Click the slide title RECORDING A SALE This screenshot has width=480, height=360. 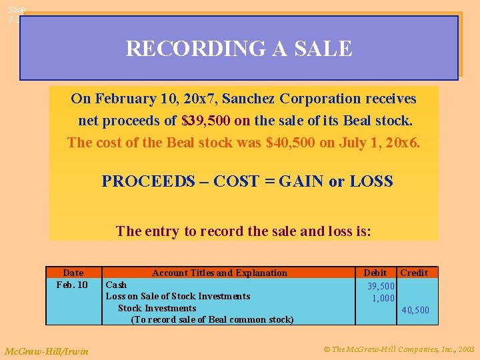tap(239, 49)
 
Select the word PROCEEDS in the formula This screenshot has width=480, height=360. tap(139, 181)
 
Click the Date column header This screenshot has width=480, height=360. tap(73, 273)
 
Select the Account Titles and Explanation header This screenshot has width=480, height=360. tap(219, 273)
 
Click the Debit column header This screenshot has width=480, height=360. tap(375, 273)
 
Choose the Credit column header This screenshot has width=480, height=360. tap(414, 273)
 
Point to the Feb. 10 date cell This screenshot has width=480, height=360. tap(73, 285)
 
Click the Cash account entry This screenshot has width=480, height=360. tap(117, 285)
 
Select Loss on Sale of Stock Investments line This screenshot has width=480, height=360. tap(178, 296)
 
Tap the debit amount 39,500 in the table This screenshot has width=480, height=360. tap(381, 286)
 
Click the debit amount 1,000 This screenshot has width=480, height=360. tap(383, 298)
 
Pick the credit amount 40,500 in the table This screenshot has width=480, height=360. tap(415, 310)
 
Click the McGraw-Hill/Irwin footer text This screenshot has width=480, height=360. tap(46, 351)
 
